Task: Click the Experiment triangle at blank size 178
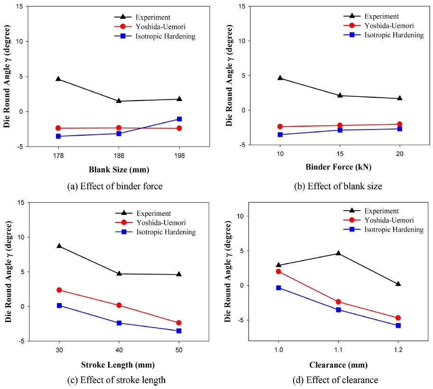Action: (59, 79)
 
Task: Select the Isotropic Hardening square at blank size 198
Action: (179, 119)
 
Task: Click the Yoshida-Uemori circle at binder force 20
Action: (399, 124)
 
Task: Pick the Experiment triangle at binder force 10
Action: (280, 78)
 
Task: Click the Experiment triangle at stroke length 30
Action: (59, 246)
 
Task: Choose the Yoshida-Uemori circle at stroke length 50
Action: (179, 323)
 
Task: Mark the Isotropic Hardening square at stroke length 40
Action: (119, 323)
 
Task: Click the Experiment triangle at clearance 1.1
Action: (338, 253)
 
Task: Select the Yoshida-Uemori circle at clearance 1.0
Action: (278, 271)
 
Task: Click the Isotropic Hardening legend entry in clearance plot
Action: (394, 230)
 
